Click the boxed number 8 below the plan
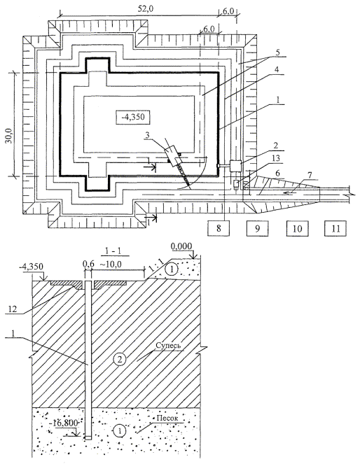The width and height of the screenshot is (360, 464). click(219, 228)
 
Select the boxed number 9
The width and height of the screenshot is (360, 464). click(258, 228)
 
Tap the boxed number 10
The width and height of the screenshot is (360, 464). click(297, 228)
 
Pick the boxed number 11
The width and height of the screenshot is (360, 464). click(335, 228)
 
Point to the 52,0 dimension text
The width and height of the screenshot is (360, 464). click(145, 9)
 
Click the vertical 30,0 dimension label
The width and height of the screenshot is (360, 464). click(10, 136)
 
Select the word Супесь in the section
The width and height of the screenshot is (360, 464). click(168, 345)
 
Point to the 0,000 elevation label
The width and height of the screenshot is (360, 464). click(181, 246)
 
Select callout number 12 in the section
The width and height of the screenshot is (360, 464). click(13, 309)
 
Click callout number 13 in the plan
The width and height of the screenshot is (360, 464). click(276, 159)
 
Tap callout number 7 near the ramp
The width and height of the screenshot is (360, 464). click(310, 176)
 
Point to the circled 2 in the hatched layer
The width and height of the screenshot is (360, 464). click(120, 360)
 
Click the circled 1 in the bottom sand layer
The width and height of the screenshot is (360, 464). click(120, 430)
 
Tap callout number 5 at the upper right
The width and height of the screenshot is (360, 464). click(277, 52)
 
